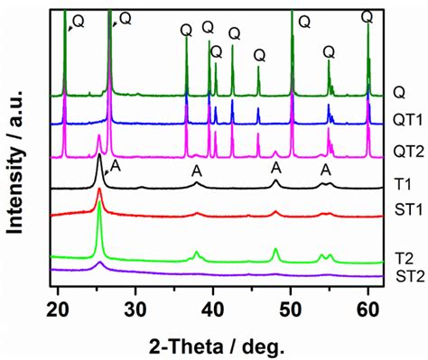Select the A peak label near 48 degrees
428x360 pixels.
click(276, 168)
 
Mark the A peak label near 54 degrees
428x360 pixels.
click(326, 170)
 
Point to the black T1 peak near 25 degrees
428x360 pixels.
click(98, 158)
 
